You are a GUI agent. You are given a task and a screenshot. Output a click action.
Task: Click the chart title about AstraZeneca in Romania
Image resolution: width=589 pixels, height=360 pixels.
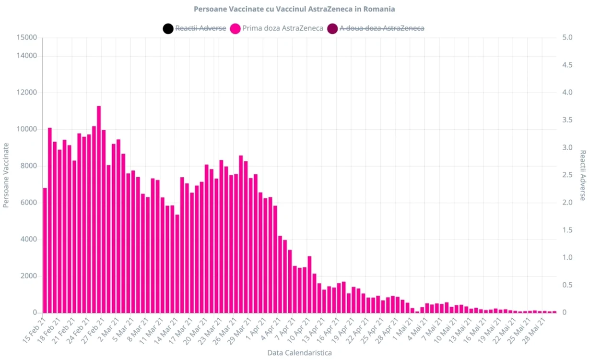tap(294, 9)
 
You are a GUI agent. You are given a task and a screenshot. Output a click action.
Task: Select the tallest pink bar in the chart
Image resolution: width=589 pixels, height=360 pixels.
tap(99, 209)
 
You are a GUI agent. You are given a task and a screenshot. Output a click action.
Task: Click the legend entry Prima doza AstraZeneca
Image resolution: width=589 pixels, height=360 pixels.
tap(283, 28)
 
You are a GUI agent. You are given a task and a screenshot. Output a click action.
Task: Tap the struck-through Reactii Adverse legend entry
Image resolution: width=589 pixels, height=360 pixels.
tap(200, 28)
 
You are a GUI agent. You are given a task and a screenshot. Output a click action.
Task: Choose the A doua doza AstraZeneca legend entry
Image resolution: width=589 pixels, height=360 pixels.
tap(382, 28)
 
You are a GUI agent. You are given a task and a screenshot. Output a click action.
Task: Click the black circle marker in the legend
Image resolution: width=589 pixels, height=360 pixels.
tap(168, 28)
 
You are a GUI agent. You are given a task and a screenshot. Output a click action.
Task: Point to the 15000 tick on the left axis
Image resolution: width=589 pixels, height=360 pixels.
tap(27, 37)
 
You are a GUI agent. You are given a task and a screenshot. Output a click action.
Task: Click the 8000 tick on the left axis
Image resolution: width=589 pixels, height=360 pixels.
tap(28, 166)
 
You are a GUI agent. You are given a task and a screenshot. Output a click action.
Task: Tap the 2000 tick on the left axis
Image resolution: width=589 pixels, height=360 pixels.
tap(28, 276)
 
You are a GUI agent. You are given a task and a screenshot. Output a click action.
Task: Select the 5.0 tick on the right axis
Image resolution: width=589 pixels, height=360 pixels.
tap(567, 37)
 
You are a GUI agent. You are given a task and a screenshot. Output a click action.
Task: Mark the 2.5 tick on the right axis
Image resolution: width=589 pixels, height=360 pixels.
tap(567, 175)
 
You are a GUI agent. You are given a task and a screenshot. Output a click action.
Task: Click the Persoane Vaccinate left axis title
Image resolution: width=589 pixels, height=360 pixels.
tap(6, 175)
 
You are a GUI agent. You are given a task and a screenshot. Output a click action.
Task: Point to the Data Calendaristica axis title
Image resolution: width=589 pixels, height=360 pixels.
tap(299, 353)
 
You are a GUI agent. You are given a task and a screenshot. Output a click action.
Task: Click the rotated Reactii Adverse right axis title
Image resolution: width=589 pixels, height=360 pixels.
tap(583, 175)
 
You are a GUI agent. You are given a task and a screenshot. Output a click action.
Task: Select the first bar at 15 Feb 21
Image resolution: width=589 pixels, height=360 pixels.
tap(45, 250)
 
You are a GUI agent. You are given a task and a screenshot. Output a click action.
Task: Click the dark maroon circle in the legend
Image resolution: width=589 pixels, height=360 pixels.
tap(332, 28)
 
